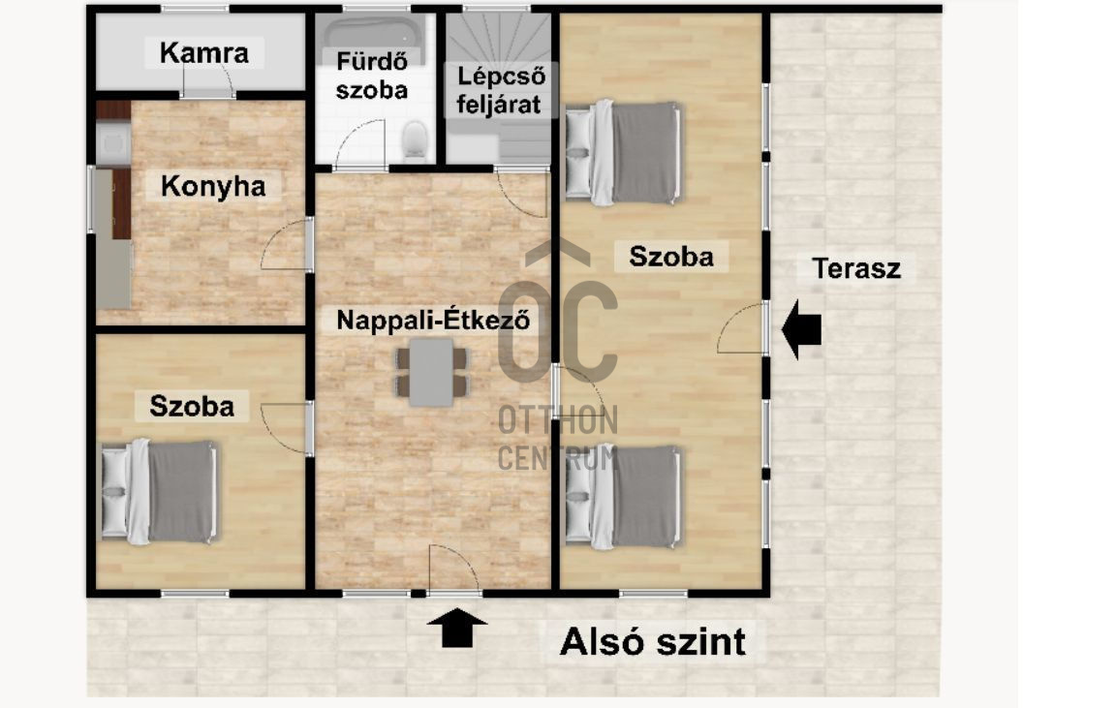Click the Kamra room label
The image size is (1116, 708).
pyautogui.click(x=203, y=53)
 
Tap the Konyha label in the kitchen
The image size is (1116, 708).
pyautogui.click(x=213, y=186)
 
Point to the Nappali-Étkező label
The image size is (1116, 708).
pyautogui.click(x=433, y=321)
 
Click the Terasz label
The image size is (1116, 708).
pyautogui.click(x=856, y=268)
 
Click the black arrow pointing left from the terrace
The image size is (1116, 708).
pyautogui.click(x=801, y=329)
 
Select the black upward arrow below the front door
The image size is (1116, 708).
pyautogui.click(x=456, y=628)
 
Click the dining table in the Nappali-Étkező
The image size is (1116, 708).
pyautogui.click(x=431, y=373)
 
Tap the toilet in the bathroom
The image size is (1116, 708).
pyautogui.click(x=415, y=141)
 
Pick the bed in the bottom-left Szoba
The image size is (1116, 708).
pyautogui.click(x=160, y=491)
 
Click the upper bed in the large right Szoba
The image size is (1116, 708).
pyautogui.click(x=623, y=153)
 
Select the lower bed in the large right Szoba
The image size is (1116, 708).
pyautogui.click(x=623, y=495)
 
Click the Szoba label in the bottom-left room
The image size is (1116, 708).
pyautogui.click(x=192, y=406)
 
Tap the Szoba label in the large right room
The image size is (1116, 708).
pyautogui.click(x=671, y=257)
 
